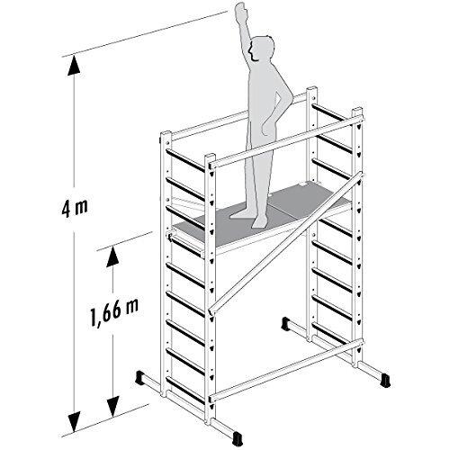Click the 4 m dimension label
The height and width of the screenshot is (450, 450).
coord(75,208)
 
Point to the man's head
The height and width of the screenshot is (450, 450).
coord(262,49)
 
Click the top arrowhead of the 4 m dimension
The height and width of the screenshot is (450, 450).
coord(74,66)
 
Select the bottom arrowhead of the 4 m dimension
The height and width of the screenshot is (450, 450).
coord(74,422)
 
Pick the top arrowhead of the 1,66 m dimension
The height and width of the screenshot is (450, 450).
coord(112,256)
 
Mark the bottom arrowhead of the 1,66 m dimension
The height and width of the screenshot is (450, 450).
coord(113,406)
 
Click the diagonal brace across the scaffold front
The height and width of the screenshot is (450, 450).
coord(285,244)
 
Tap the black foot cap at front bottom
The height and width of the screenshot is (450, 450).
coord(237,438)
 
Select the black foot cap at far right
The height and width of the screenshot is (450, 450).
coord(384,381)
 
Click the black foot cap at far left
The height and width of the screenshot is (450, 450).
coord(140,377)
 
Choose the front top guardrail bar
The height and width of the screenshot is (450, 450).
coord(286,141)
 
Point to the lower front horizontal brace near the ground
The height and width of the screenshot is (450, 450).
coord(286,370)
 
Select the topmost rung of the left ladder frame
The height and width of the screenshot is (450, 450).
coord(184,160)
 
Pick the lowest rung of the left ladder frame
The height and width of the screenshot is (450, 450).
coord(184,390)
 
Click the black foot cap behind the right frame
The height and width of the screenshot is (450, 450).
coord(285,323)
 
